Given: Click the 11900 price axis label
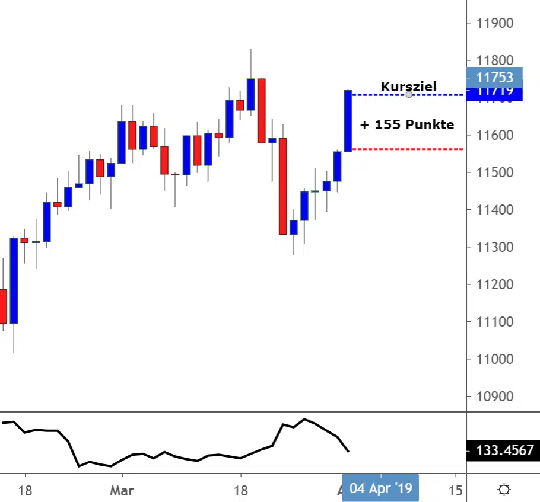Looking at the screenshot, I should [495, 24].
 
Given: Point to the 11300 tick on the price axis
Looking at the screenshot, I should [495, 247].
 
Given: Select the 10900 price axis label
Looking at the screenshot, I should [495, 397].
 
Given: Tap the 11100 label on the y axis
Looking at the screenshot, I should [495, 322].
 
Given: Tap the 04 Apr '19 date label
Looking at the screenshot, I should [380, 488].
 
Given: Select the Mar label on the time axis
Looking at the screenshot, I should [122, 491].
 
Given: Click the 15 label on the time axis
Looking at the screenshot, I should [455, 491].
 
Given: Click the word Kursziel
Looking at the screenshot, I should [408, 87].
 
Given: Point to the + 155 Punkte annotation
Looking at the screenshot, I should [407, 124].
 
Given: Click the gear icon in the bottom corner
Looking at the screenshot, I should [504, 490].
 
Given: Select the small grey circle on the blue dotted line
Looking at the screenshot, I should [409, 94].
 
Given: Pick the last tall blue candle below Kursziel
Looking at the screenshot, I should [348, 120].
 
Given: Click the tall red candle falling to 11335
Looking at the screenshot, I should [283, 186].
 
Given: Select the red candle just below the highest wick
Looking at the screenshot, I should [261, 110].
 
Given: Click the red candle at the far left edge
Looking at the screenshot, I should [3, 306].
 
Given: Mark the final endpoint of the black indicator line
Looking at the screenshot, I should [348, 452].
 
